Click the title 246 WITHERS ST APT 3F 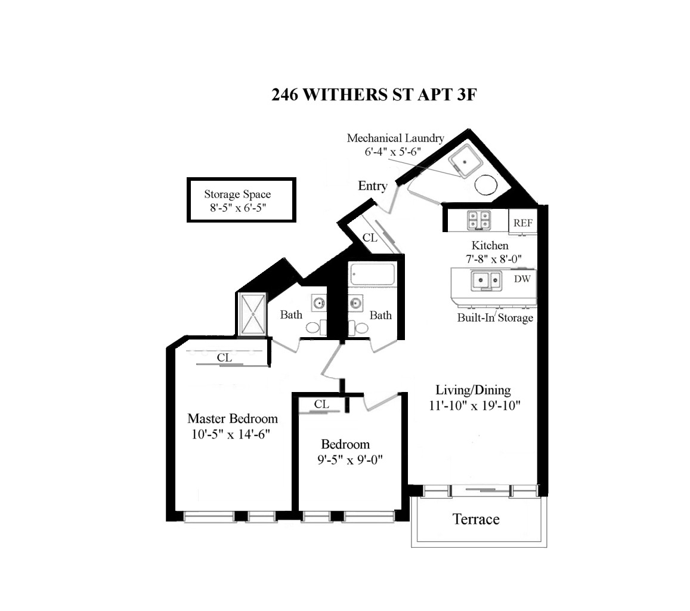point(374,95)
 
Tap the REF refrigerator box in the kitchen point(522,223)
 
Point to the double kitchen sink point(486,280)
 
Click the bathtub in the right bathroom point(372,274)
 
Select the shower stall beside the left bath point(253,313)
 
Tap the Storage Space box point(241,200)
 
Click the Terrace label point(476,519)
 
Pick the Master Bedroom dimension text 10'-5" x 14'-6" point(231,434)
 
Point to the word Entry point(372,186)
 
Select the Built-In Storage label point(495,317)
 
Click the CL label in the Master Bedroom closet point(224,358)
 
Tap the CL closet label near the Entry point(370,237)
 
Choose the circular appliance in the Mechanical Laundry point(486,184)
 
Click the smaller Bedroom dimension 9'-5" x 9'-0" point(349,460)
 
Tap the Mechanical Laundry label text point(395,138)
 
